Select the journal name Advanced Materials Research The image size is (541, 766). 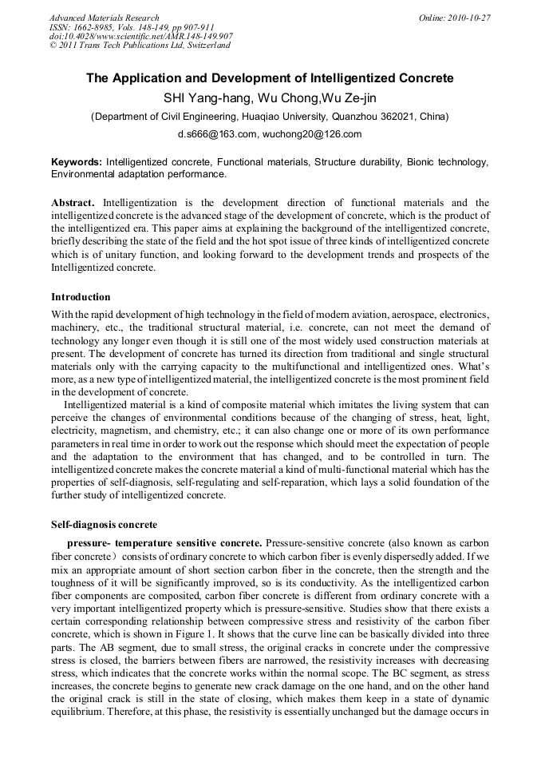(x=104, y=18)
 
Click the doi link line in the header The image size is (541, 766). (x=140, y=36)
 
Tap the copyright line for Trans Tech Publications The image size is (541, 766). (x=139, y=46)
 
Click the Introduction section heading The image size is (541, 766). (x=81, y=297)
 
